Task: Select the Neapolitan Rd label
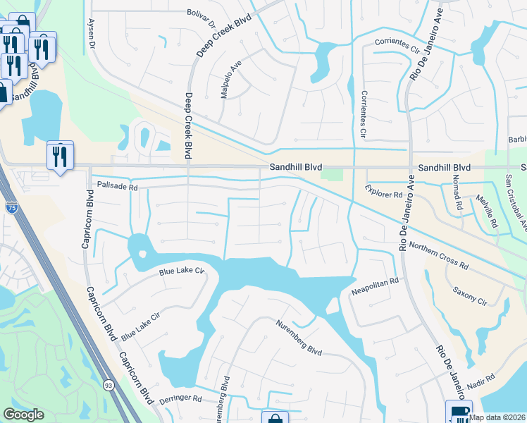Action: tap(375, 286)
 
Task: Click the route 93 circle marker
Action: tap(108, 386)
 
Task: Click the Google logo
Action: tap(23, 415)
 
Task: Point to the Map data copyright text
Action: tap(497, 417)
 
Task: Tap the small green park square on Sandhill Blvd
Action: tap(326, 171)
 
